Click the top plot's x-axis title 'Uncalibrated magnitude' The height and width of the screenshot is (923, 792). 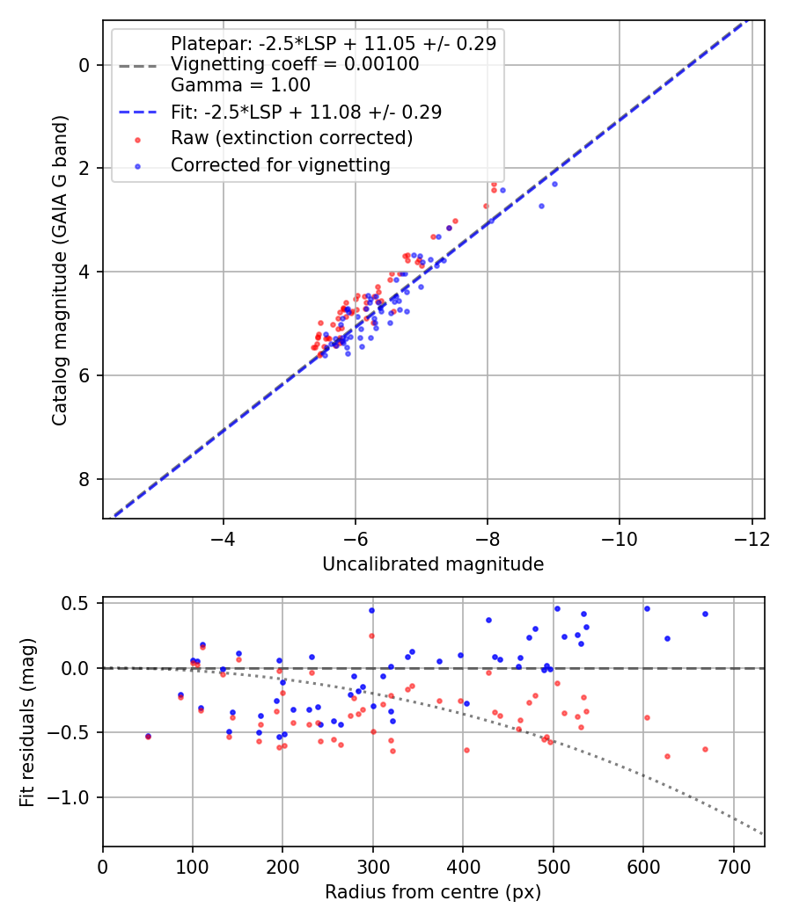click(433, 564)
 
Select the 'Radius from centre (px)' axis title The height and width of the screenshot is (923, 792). click(433, 892)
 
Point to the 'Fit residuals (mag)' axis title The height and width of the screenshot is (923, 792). click(27, 722)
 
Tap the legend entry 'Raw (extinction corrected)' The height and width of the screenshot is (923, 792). click(291, 138)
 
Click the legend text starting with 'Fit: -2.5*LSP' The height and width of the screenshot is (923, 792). click(306, 112)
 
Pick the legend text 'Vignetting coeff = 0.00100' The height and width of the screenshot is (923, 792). click(295, 64)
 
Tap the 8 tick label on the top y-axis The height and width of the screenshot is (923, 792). click(84, 479)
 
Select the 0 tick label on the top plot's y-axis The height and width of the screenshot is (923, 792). click(84, 65)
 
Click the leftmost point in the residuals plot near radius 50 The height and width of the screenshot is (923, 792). click(148, 737)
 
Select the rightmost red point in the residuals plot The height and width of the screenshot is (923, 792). click(705, 749)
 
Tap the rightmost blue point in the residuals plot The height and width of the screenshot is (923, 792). click(705, 614)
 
